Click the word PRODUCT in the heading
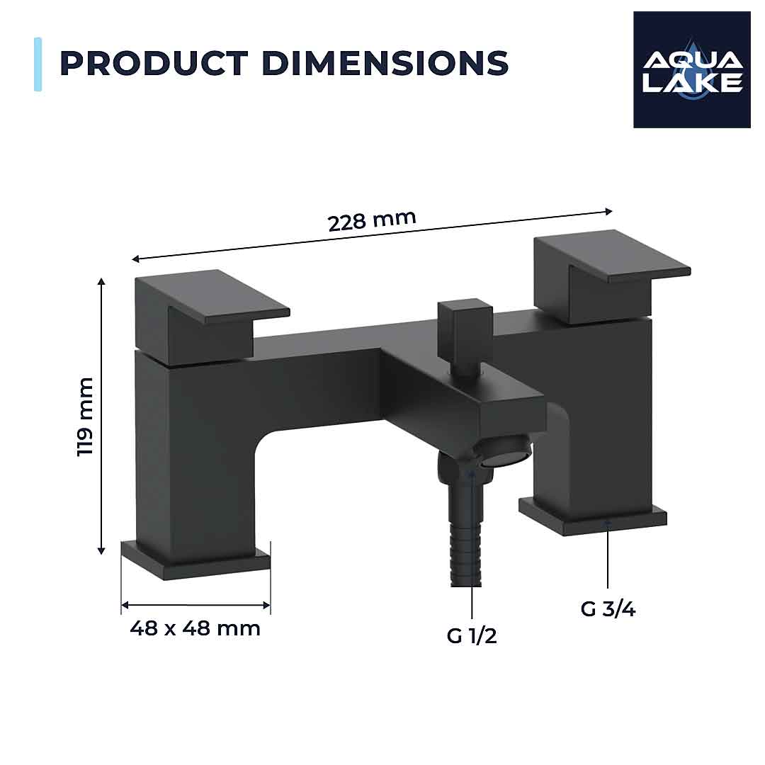tap(154, 63)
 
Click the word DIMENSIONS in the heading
tap(385, 63)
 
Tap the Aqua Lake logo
tap(691, 69)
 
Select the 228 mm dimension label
tap(371, 220)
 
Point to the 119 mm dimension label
tap(86, 417)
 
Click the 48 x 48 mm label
tap(195, 628)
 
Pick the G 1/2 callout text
tap(472, 635)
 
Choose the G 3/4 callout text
tap(608, 608)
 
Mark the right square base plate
tap(594, 515)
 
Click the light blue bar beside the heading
tap(38, 64)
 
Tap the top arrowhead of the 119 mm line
tap(101, 282)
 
